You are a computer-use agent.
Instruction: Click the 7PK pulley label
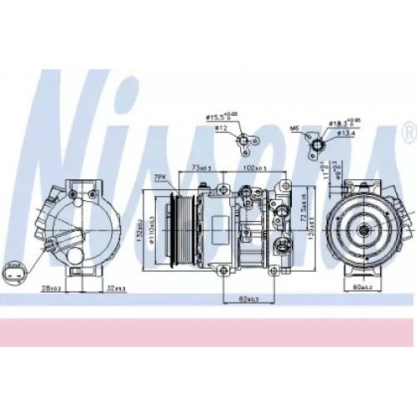tap(159, 178)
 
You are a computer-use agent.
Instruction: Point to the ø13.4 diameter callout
tap(347, 131)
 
